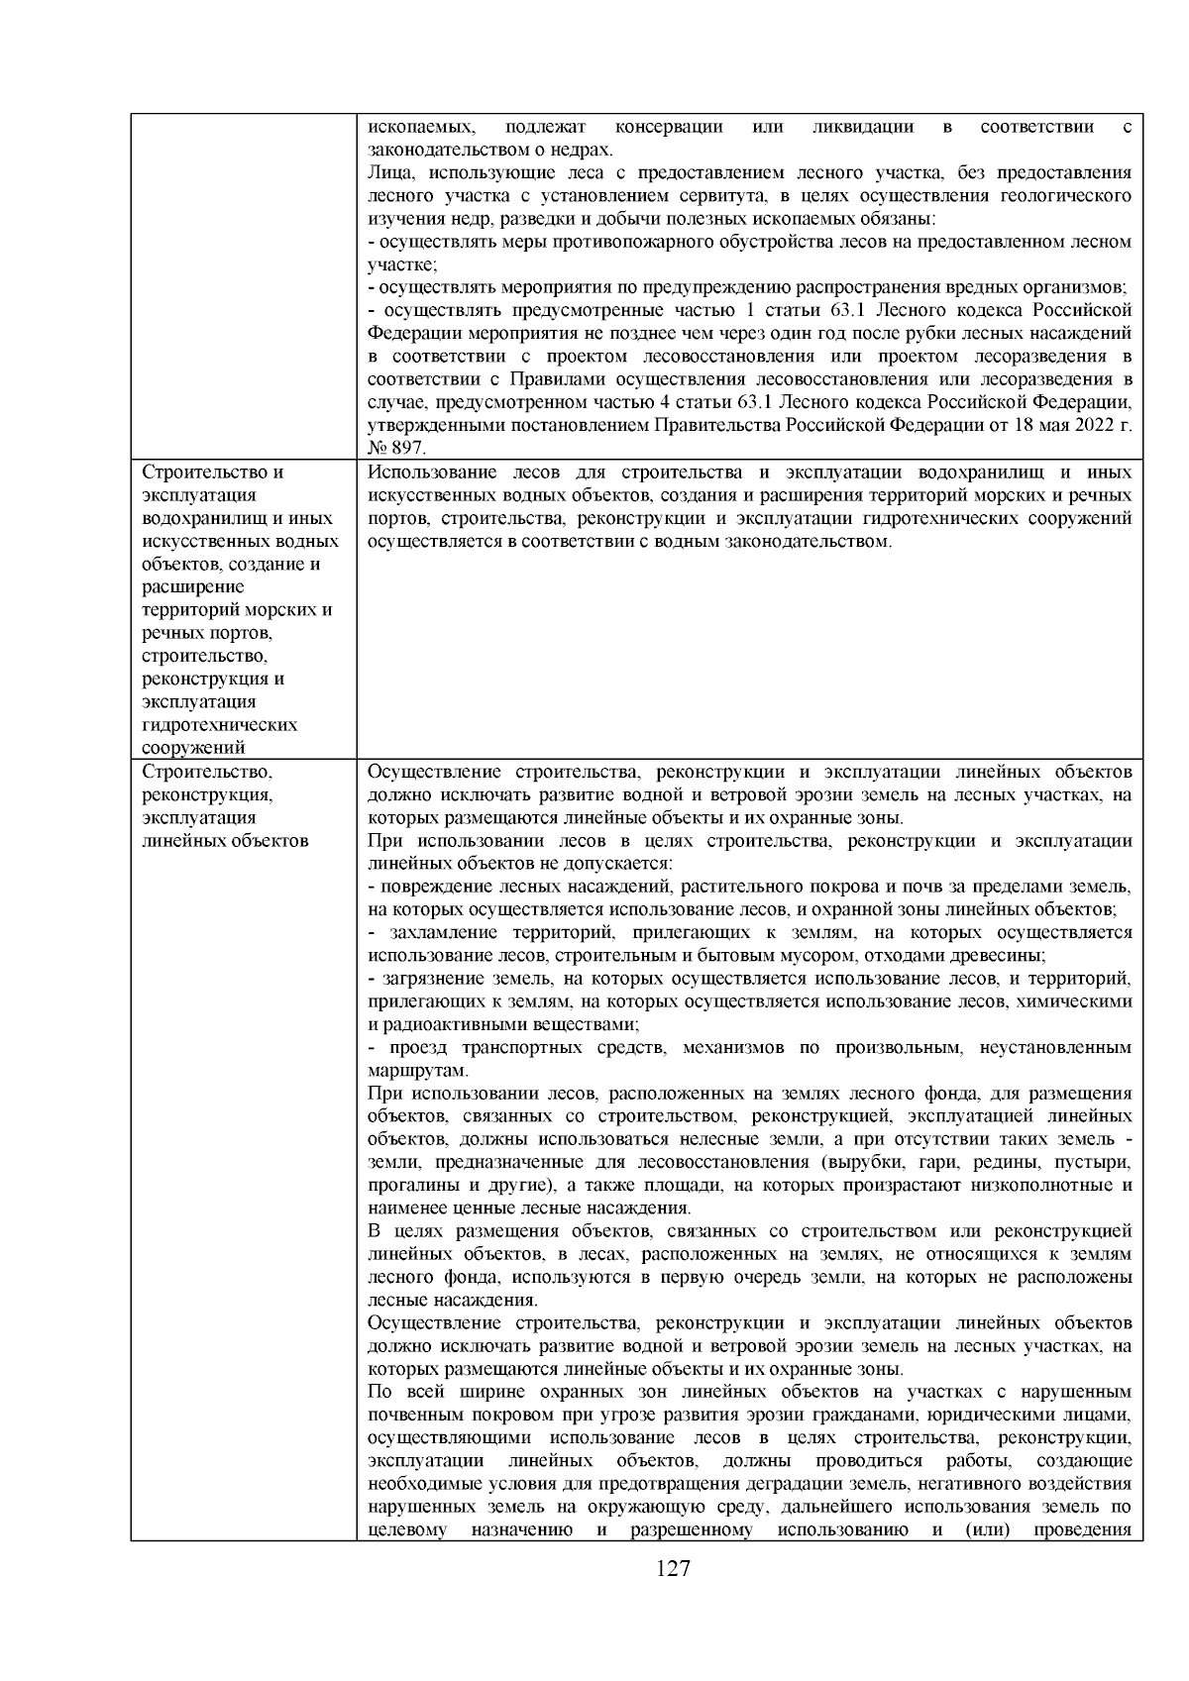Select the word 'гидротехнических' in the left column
point(220,724)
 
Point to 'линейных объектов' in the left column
point(225,841)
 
